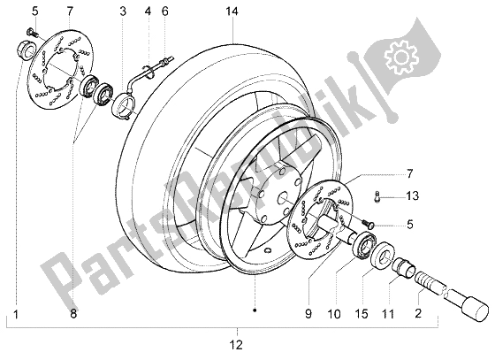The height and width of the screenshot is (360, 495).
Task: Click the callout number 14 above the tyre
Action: coord(232,11)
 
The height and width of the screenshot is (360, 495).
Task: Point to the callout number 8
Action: coord(72,312)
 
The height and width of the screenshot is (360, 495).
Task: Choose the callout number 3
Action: coord(123,11)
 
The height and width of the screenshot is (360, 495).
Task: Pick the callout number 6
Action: coord(164,11)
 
